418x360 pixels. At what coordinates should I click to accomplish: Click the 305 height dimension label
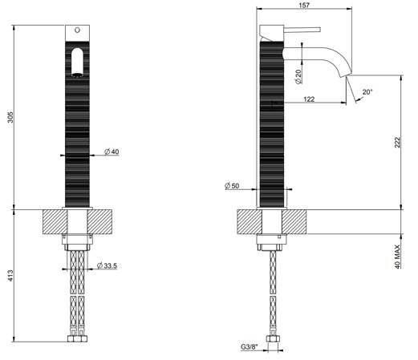[10, 117]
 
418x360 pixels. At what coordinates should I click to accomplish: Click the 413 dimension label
[10, 275]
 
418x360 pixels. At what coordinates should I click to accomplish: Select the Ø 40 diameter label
[112, 152]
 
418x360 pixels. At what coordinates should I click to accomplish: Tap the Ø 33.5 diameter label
[107, 265]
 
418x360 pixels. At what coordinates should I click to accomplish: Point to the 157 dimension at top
[304, 5]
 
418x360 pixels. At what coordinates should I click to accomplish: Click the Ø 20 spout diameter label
[298, 77]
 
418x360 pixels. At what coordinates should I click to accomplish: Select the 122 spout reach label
[309, 99]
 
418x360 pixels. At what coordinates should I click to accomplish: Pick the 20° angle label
[367, 92]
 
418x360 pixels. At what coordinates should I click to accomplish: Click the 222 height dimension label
[397, 142]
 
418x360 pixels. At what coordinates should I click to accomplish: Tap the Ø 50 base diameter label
[232, 185]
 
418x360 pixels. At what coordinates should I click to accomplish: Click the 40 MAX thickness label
[397, 257]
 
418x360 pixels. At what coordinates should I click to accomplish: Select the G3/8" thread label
[249, 347]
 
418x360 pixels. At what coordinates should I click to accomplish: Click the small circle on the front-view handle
[77, 30]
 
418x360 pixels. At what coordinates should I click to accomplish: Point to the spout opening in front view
[77, 75]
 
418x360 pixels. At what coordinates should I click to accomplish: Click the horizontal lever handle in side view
[302, 30]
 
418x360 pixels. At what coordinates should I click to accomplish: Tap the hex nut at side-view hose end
[273, 339]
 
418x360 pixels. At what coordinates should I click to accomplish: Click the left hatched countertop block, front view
[55, 222]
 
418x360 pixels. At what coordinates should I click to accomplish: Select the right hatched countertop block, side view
[294, 222]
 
